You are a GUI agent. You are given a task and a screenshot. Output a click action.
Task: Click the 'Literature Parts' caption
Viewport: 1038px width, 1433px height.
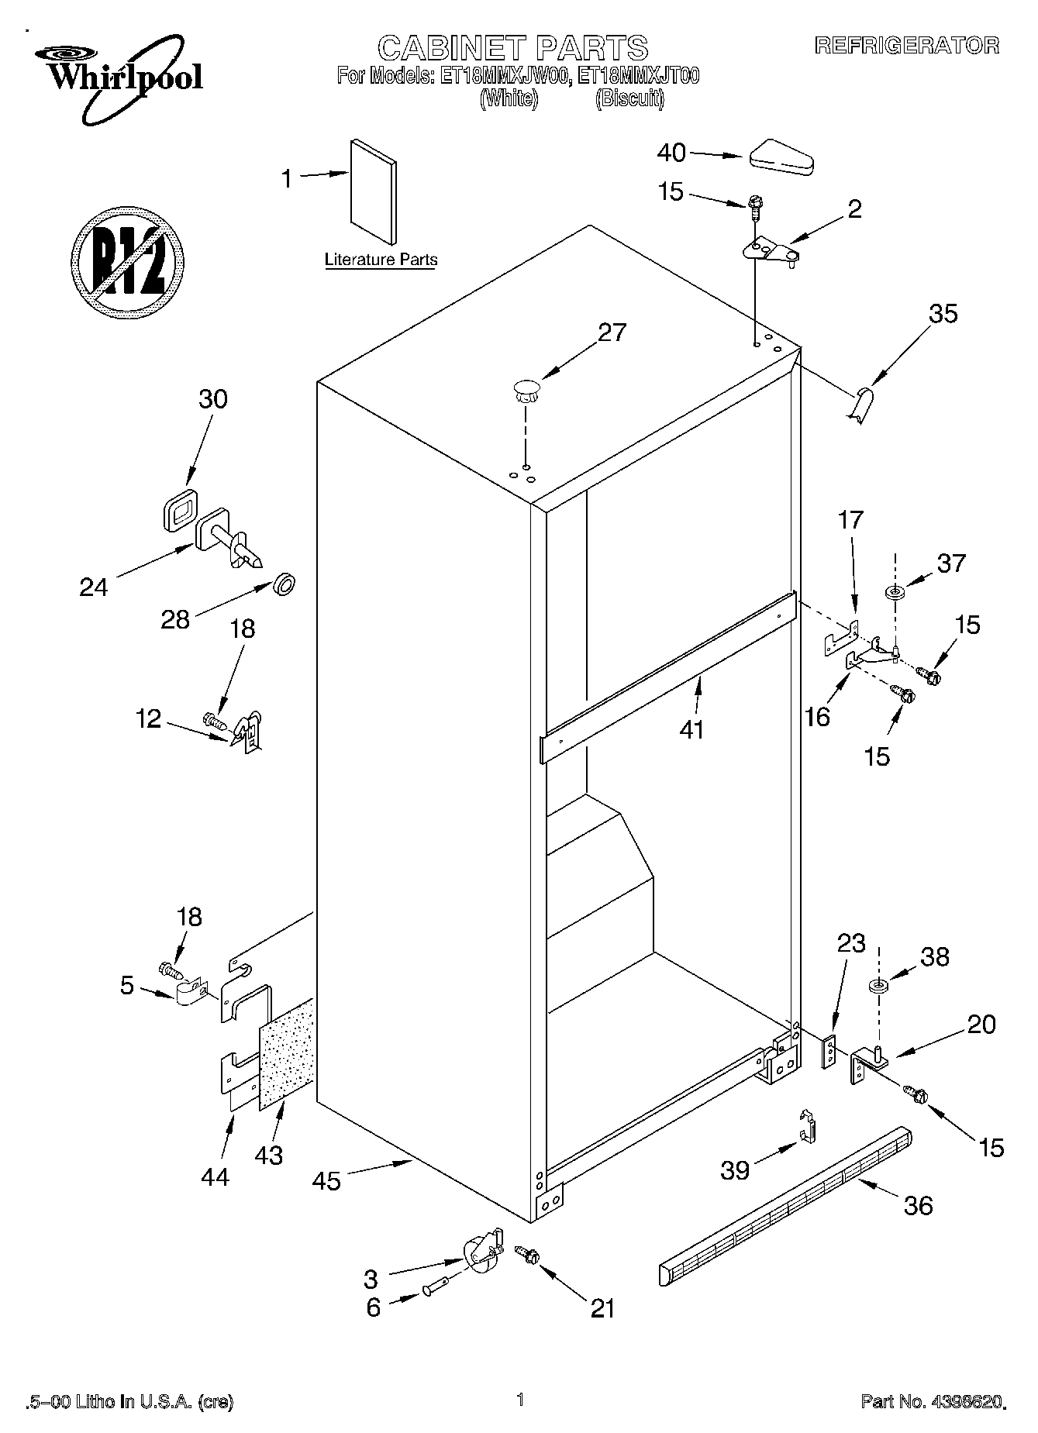click(x=381, y=260)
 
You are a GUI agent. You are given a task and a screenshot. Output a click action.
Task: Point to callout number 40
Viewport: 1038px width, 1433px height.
click(x=671, y=153)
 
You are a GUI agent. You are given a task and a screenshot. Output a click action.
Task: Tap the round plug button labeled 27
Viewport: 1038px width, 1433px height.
click(x=526, y=389)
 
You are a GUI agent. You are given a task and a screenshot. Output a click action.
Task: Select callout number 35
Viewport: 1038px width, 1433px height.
click(x=943, y=314)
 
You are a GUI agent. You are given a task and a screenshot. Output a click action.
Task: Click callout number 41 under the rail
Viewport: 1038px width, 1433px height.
click(x=691, y=729)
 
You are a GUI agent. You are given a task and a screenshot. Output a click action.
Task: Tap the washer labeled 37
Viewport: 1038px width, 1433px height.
click(x=895, y=593)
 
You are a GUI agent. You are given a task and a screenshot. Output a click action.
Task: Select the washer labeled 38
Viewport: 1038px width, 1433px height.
click(x=878, y=987)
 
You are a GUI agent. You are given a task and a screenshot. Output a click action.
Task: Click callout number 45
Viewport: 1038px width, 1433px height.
click(x=327, y=1181)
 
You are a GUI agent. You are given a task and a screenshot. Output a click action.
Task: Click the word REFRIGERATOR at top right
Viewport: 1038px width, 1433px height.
click(x=906, y=46)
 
